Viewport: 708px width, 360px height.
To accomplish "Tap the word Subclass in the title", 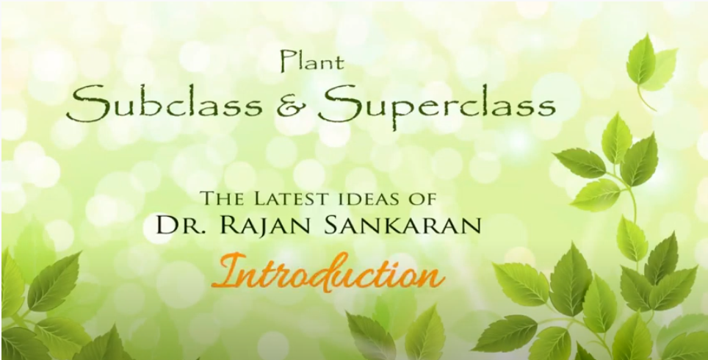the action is click(x=165, y=107).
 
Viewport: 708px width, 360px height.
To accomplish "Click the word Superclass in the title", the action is click(x=437, y=109).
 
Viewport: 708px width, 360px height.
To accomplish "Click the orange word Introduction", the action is click(x=328, y=273).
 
